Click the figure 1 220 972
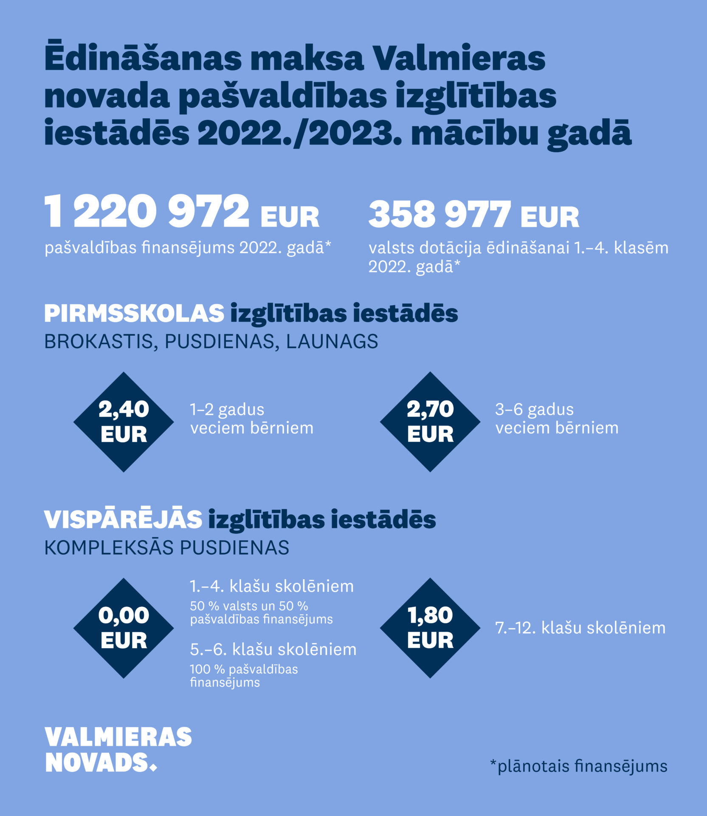coord(147,211)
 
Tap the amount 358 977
coord(439,214)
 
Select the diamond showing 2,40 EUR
coord(124,422)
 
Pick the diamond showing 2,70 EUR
coord(430,422)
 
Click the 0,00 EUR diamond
coord(124,628)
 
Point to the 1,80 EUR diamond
coord(430,628)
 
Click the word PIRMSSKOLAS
coord(134,314)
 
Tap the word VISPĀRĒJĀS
coord(123,519)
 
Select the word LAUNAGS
coord(332,342)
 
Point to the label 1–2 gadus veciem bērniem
coord(251,419)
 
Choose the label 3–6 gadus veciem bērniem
coord(557,419)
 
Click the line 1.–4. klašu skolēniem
coord(271,586)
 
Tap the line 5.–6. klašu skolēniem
coord(273,649)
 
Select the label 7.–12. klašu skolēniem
coord(580,628)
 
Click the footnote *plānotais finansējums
coord(578,766)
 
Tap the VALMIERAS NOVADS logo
coord(118,750)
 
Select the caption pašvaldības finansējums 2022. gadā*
coord(187,248)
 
